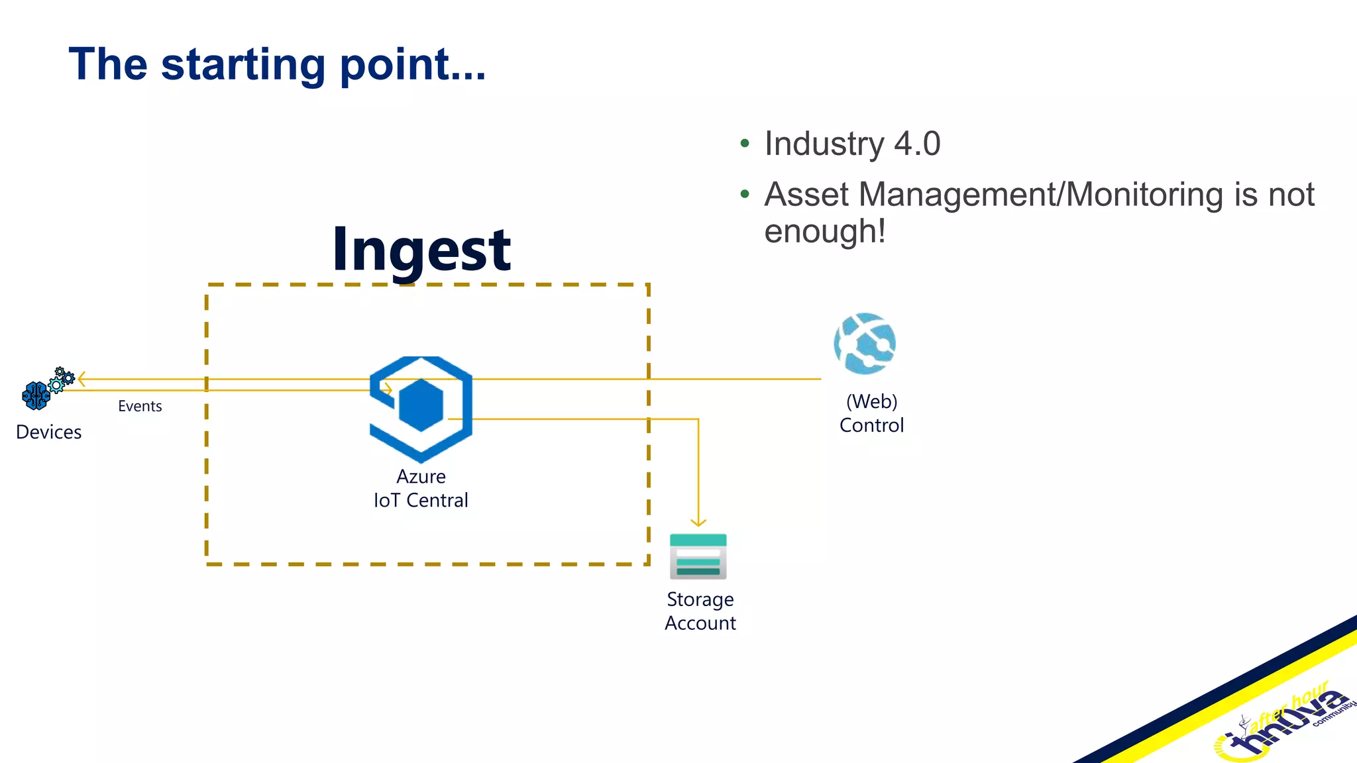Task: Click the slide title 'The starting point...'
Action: [x=277, y=64]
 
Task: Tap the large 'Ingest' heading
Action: [x=421, y=250]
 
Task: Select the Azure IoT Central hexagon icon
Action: [x=421, y=408]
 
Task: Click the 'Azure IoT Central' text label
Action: [x=421, y=488]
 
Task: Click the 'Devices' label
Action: [x=48, y=432]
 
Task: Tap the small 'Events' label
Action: [x=140, y=406]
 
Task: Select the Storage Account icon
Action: [x=698, y=556]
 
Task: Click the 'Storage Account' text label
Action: [x=700, y=611]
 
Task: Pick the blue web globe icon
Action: [x=865, y=344]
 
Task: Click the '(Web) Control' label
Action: [x=871, y=413]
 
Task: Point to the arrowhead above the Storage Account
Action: [x=698, y=522]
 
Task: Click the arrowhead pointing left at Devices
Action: [x=81, y=380]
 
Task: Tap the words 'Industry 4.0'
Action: [x=852, y=144]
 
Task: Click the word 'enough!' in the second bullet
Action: [x=825, y=231]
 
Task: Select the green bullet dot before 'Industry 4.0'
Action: [x=745, y=144]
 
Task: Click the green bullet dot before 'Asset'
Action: [x=745, y=195]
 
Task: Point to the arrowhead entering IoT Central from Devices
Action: [x=388, y=390]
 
